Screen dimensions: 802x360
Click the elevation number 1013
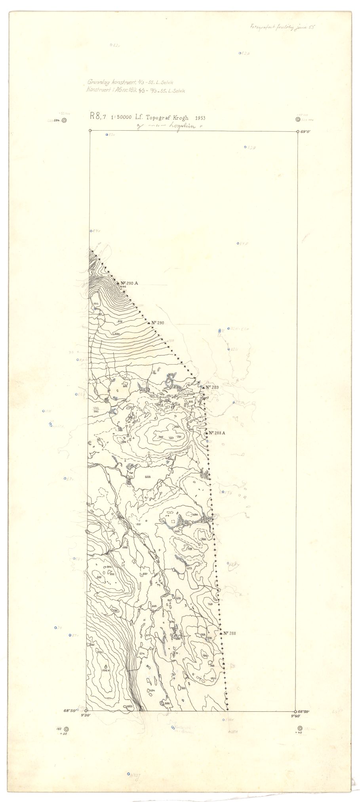[95, 303]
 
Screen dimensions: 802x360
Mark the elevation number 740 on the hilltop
[160, 437]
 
